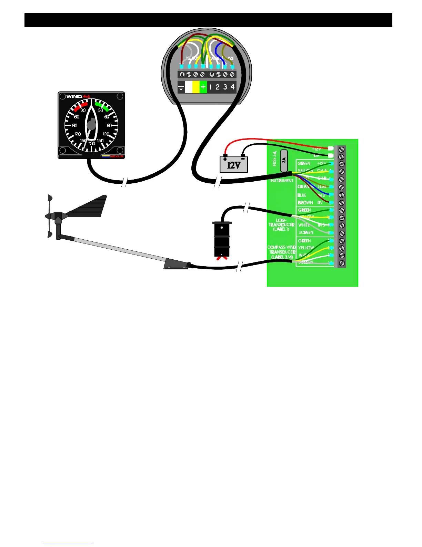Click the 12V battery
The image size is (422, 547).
tap(234, 165)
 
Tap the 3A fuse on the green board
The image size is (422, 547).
tap(284, 161)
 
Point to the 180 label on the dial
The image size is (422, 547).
tap(92, 143)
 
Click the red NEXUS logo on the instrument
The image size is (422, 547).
tap(117, 156)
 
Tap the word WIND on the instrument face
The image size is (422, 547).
tap(74, 97)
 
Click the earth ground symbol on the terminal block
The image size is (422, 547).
tap(181, 87)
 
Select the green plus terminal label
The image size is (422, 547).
tap(203, 87)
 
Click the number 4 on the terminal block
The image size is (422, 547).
tap(233, 87)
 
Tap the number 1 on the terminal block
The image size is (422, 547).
tap(210, 87)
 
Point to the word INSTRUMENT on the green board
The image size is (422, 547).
tap(282, 181)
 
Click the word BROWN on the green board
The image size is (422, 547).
tap(305, 203)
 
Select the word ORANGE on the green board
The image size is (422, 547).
tap(305, 187)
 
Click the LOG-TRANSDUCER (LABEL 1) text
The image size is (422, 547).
tap(281, 224)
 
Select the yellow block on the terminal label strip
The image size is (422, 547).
tap(196, 87)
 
